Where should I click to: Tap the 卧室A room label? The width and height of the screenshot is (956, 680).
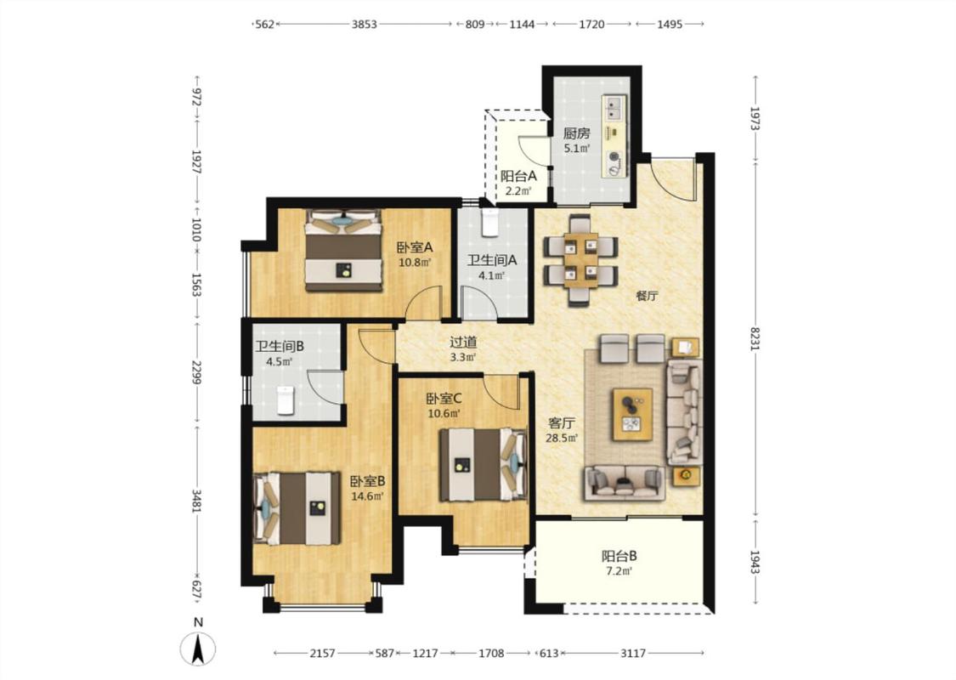[415, 247]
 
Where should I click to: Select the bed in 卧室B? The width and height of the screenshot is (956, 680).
[297, 507]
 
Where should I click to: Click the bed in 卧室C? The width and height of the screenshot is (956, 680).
[483, 465]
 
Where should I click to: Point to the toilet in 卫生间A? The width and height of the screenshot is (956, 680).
[490, 223]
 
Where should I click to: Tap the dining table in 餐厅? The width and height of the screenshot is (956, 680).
[580, 260]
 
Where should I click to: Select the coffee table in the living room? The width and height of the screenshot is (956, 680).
[632, 413]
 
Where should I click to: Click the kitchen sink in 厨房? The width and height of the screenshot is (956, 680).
[614, 108]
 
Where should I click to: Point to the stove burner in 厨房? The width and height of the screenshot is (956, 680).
[614, 159]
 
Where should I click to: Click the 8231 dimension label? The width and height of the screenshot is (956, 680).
[755, 339]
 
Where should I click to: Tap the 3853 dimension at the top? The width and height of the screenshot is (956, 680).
[364, 25]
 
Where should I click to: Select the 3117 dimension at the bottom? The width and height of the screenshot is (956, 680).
[633, 653]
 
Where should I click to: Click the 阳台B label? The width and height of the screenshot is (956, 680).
[619, 556]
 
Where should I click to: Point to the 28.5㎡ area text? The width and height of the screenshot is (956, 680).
[562, 438]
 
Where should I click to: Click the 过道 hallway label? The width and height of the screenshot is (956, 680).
[463, 343]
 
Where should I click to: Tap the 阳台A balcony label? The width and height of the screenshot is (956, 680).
[518, 176]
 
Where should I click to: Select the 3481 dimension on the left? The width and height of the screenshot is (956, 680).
[196, 501]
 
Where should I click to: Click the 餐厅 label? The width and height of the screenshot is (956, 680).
[647, 297]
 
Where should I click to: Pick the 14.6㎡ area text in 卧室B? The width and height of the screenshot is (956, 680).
[367, 496]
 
